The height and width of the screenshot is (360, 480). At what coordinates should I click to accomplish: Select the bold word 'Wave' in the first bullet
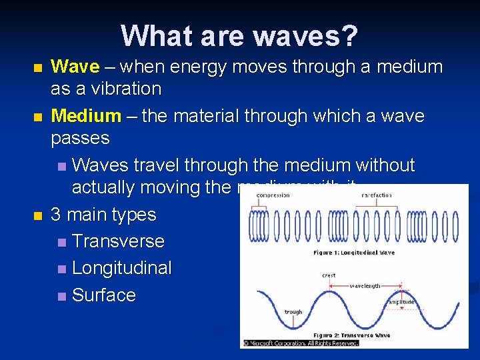pos(75,67)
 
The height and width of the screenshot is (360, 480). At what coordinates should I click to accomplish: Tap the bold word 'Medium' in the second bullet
pos(86,116)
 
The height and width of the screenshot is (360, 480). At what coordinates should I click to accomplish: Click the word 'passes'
pos(80,138)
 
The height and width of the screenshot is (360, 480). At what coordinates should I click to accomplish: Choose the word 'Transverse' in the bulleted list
pos(117,241)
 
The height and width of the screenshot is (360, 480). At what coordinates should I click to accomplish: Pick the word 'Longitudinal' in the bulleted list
pos(121,268)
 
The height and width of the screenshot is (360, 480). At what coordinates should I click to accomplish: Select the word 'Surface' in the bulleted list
pos(103,295)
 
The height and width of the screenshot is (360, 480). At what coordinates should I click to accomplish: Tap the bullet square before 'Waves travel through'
pos(61,166)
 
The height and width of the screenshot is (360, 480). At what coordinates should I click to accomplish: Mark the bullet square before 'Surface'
pos(61,296)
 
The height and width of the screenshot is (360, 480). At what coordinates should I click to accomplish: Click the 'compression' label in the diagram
pos(273,195)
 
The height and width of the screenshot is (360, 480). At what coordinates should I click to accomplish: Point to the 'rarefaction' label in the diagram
pos(376,195)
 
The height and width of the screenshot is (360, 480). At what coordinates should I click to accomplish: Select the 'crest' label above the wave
pos(328,275)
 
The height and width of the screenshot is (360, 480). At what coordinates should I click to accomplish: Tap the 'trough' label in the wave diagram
pos(293,311)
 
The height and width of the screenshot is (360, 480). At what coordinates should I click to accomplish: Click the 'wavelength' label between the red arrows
pos(365,285)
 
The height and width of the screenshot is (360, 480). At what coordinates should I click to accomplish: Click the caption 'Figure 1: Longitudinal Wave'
pos(353,253)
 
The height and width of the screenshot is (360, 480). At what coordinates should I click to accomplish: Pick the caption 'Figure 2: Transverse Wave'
pos(353,335)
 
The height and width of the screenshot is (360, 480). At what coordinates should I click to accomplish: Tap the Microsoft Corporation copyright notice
pos(300,343)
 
